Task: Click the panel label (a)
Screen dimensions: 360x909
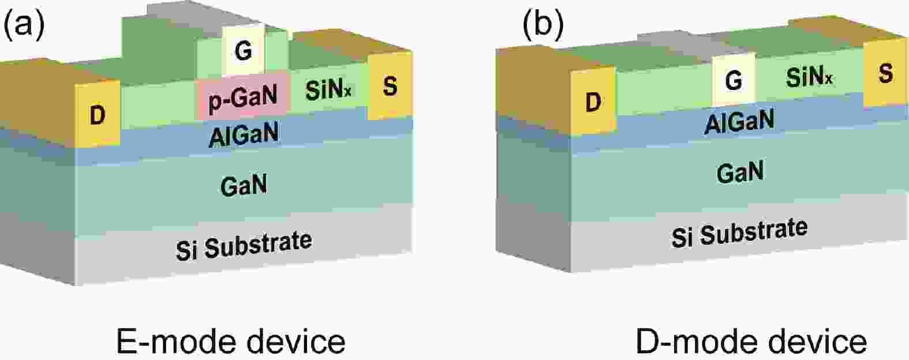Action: tap(24, 27)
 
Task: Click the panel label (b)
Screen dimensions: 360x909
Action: tap(543, 27)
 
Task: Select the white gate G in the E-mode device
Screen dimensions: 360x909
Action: tap(244, 51)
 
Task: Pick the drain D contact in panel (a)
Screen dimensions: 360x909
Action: tap(98, 115)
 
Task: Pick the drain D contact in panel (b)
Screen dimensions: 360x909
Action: tap(593, 102)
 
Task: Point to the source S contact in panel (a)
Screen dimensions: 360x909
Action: tap(390, 87)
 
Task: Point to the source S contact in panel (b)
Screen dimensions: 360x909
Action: tap(885, 73)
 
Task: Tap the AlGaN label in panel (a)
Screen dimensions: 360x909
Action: tap(244, 134)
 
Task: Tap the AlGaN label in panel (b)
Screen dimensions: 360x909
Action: tap(739, 122)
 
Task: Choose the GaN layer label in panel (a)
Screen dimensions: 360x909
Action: tap(244, 186)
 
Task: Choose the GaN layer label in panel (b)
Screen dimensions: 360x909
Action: tap(740, 172)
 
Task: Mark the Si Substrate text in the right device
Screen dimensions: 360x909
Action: tap(739, 231)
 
